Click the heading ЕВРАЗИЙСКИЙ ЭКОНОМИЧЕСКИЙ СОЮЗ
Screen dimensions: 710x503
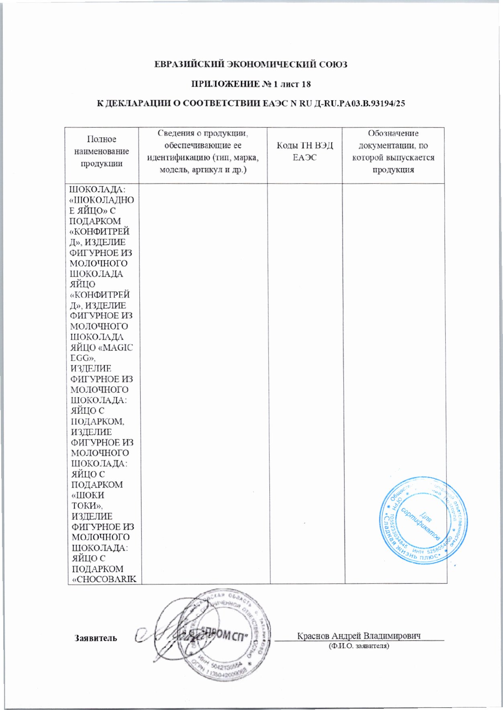(x=251, y=65)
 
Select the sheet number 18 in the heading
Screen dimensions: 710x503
(x=305, y=84)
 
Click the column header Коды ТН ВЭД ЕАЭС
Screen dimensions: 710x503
(x=305, y=152)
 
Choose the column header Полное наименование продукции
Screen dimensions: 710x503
(x=102, y=151)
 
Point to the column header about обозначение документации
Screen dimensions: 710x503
(x=393, y=151)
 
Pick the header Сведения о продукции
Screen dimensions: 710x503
(x=203, y=151)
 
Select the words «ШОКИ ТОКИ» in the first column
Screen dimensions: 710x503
(x=88, y=500)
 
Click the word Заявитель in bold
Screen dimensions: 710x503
(x=96, y=638)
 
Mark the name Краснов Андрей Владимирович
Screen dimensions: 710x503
(x=358, y=636)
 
